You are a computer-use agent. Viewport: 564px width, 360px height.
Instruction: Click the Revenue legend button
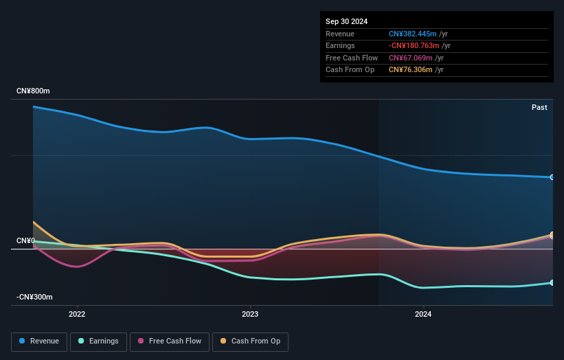click(x=39, y=341)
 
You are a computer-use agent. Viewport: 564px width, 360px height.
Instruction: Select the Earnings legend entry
click(x=98, y=341)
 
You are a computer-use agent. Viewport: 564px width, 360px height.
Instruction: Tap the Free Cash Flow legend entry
click(x=170, y=341)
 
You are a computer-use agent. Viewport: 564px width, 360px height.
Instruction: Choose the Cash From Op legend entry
click(x=250, y=341)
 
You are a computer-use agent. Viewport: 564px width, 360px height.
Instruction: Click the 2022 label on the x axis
click(x=77, y=314)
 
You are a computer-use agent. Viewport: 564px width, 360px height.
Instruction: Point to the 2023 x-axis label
click(x=250, y=314)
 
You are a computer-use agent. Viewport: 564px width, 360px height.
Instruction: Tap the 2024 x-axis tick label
click(x=423, y=314)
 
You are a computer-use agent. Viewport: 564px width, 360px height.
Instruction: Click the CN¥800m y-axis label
click(x=33, y=91)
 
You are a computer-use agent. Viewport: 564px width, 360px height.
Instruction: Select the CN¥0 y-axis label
click(x=26, y=240)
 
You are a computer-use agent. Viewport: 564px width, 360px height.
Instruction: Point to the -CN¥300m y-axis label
click(x=34, y=297)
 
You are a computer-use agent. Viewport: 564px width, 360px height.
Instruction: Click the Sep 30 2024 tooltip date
click(x=346, y=21)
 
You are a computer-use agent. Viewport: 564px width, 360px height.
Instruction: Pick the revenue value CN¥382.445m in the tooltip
click(x=413, y=34)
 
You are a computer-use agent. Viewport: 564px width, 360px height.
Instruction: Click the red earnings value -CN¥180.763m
click(x=414, y=45)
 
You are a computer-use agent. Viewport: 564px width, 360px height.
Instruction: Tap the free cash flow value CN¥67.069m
click(x=410, y=58)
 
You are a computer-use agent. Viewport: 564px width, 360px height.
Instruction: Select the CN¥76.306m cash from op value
click(x=410, y=70)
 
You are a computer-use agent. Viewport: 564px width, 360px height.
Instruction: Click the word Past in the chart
click(x=539, y=107)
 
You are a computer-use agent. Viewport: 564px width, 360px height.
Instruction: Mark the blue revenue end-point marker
click(x=552, y=177)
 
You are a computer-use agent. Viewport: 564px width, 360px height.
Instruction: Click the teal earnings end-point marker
click(x=552, y=283)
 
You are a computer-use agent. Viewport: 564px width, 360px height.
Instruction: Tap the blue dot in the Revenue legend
click(x=22, y=341)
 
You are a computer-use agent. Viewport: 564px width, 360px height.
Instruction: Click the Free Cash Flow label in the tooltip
click(x=352, y=58)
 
